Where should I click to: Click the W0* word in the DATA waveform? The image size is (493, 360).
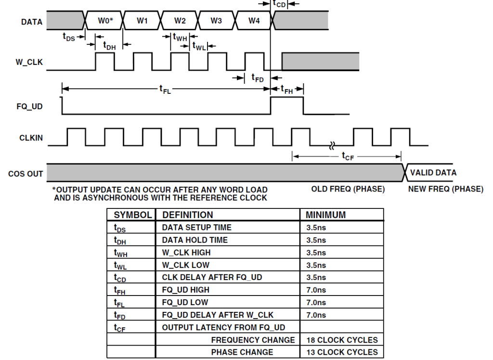click(x=105, y=21)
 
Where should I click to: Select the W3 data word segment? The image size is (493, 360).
click(x=216, y=21)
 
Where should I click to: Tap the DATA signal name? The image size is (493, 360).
click(x=32, y=22)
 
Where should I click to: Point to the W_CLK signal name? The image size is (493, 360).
click(x=29, y=62)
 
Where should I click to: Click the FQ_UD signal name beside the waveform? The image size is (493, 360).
click(x=29, y=106)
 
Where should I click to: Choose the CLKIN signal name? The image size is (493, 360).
click(x=31, y=138)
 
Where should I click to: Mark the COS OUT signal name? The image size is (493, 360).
click(x=26, y=174)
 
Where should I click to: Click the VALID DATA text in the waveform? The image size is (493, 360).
click(x=433, y=173)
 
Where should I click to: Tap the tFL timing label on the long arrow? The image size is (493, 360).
click(x=165, y=90)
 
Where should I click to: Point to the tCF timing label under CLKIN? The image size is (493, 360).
click(x=348, y=156)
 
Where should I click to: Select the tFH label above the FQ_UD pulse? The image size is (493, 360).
click(x=287, y=90)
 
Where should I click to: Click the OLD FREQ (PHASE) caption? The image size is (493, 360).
click(x=348, y=189)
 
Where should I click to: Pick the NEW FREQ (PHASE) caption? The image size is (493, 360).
click(x=446, y=189)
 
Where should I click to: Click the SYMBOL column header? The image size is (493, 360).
click(x=133, y=215)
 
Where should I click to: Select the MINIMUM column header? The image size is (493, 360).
click(x=326, y=215)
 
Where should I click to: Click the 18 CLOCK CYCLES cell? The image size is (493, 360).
click(x=342, y=340)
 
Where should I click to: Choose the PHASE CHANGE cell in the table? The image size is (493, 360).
click(x=242, y=352)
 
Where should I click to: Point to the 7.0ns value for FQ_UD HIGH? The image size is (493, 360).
click(x=316, y=290)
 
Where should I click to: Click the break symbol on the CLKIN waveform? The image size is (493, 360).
click(x=332, y=145)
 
